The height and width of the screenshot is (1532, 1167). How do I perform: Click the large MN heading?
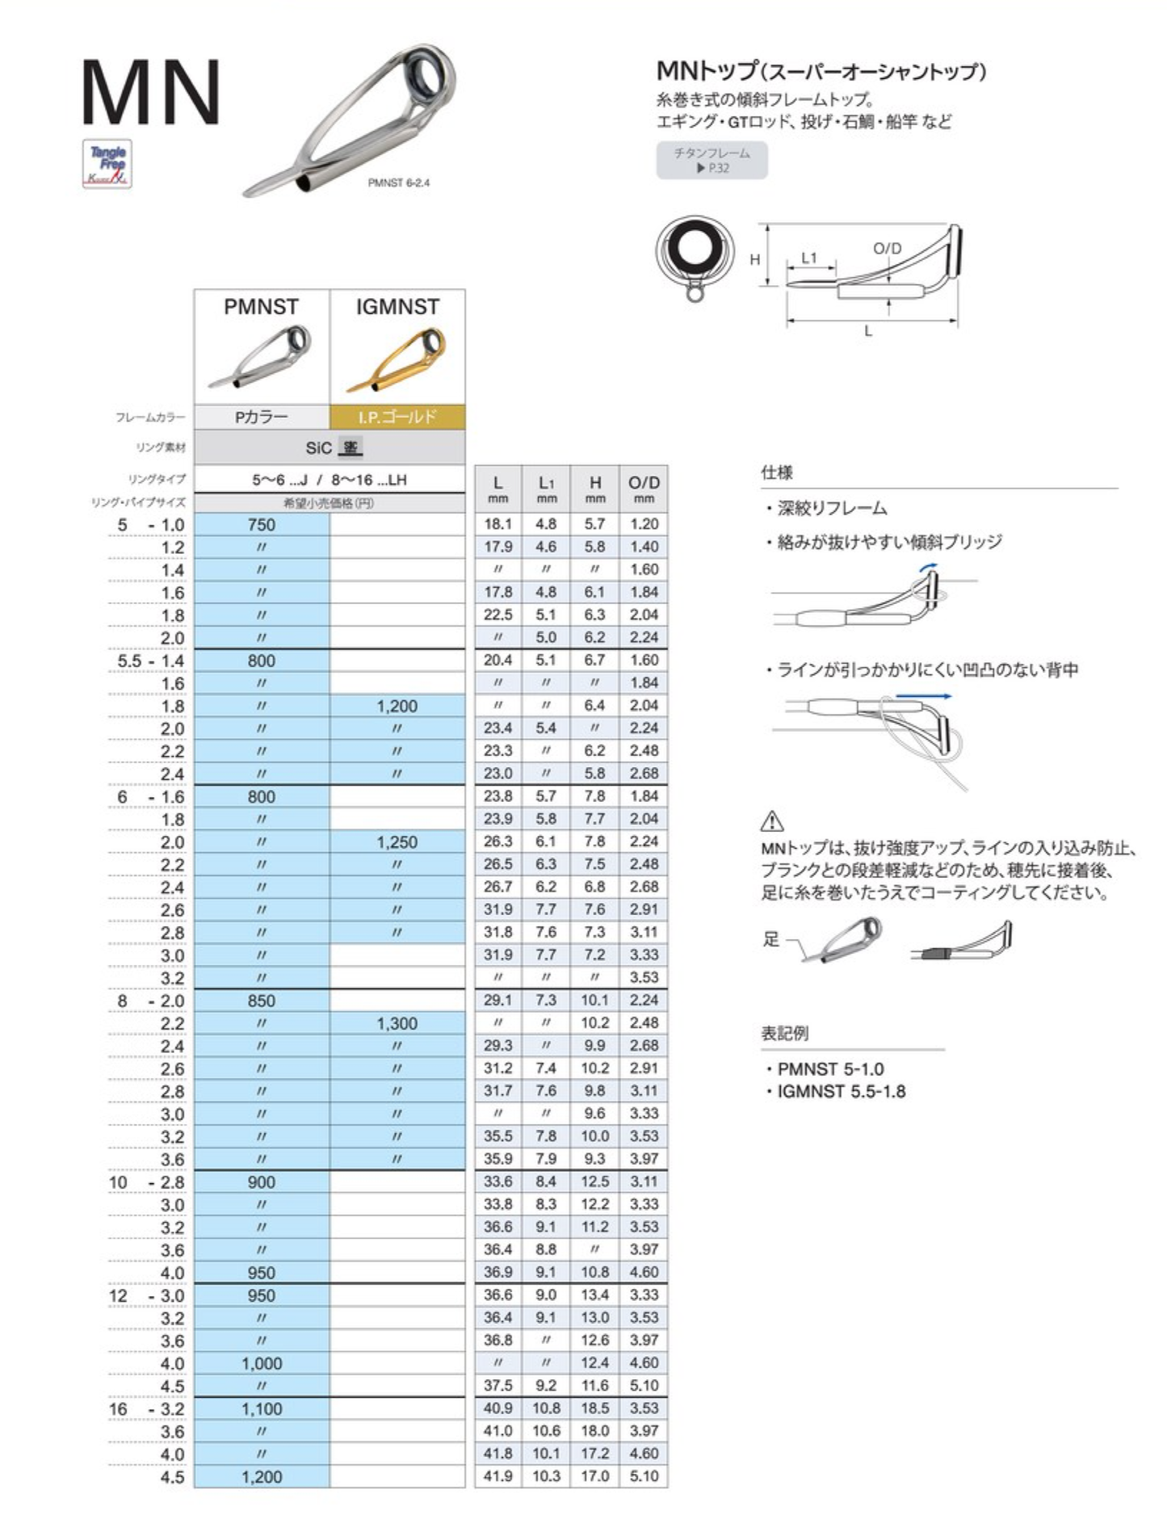[x=151, y=93]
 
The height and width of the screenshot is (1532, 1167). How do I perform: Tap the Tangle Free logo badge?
[x=107, y=165]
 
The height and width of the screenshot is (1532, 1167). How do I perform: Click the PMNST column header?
[x=261, y=307]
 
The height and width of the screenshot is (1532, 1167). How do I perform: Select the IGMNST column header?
[x=397, y=307]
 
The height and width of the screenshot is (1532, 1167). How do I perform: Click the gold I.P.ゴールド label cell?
[x=397, y=417]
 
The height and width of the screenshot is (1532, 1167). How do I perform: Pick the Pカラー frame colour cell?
[x=261, y=417]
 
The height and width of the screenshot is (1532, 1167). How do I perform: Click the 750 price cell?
[x=262, y=525]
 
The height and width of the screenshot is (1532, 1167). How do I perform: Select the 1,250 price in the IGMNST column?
[x=397, y=842]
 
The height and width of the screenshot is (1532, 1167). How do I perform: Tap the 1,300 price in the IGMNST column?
[x=397, y=1023]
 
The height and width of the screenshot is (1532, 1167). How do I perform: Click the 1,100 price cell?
[x=262, y=1409]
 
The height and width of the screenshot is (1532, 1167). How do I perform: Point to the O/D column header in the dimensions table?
[x=644, y=488]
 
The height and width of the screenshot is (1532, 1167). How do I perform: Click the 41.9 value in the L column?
[x=497, y=1476]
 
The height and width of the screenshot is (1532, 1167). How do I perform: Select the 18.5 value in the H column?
[x=595, y=1408]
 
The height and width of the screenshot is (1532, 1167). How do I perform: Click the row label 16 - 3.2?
[x=147, y=1409]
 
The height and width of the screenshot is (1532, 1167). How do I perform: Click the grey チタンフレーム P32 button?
[x=712, y=160]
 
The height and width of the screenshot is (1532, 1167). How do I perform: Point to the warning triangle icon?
[x=772, y=821]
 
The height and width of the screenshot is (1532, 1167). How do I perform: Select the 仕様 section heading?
[x=777, y=472]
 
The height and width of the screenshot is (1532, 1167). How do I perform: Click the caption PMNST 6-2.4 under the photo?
[x=399, y=183]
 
